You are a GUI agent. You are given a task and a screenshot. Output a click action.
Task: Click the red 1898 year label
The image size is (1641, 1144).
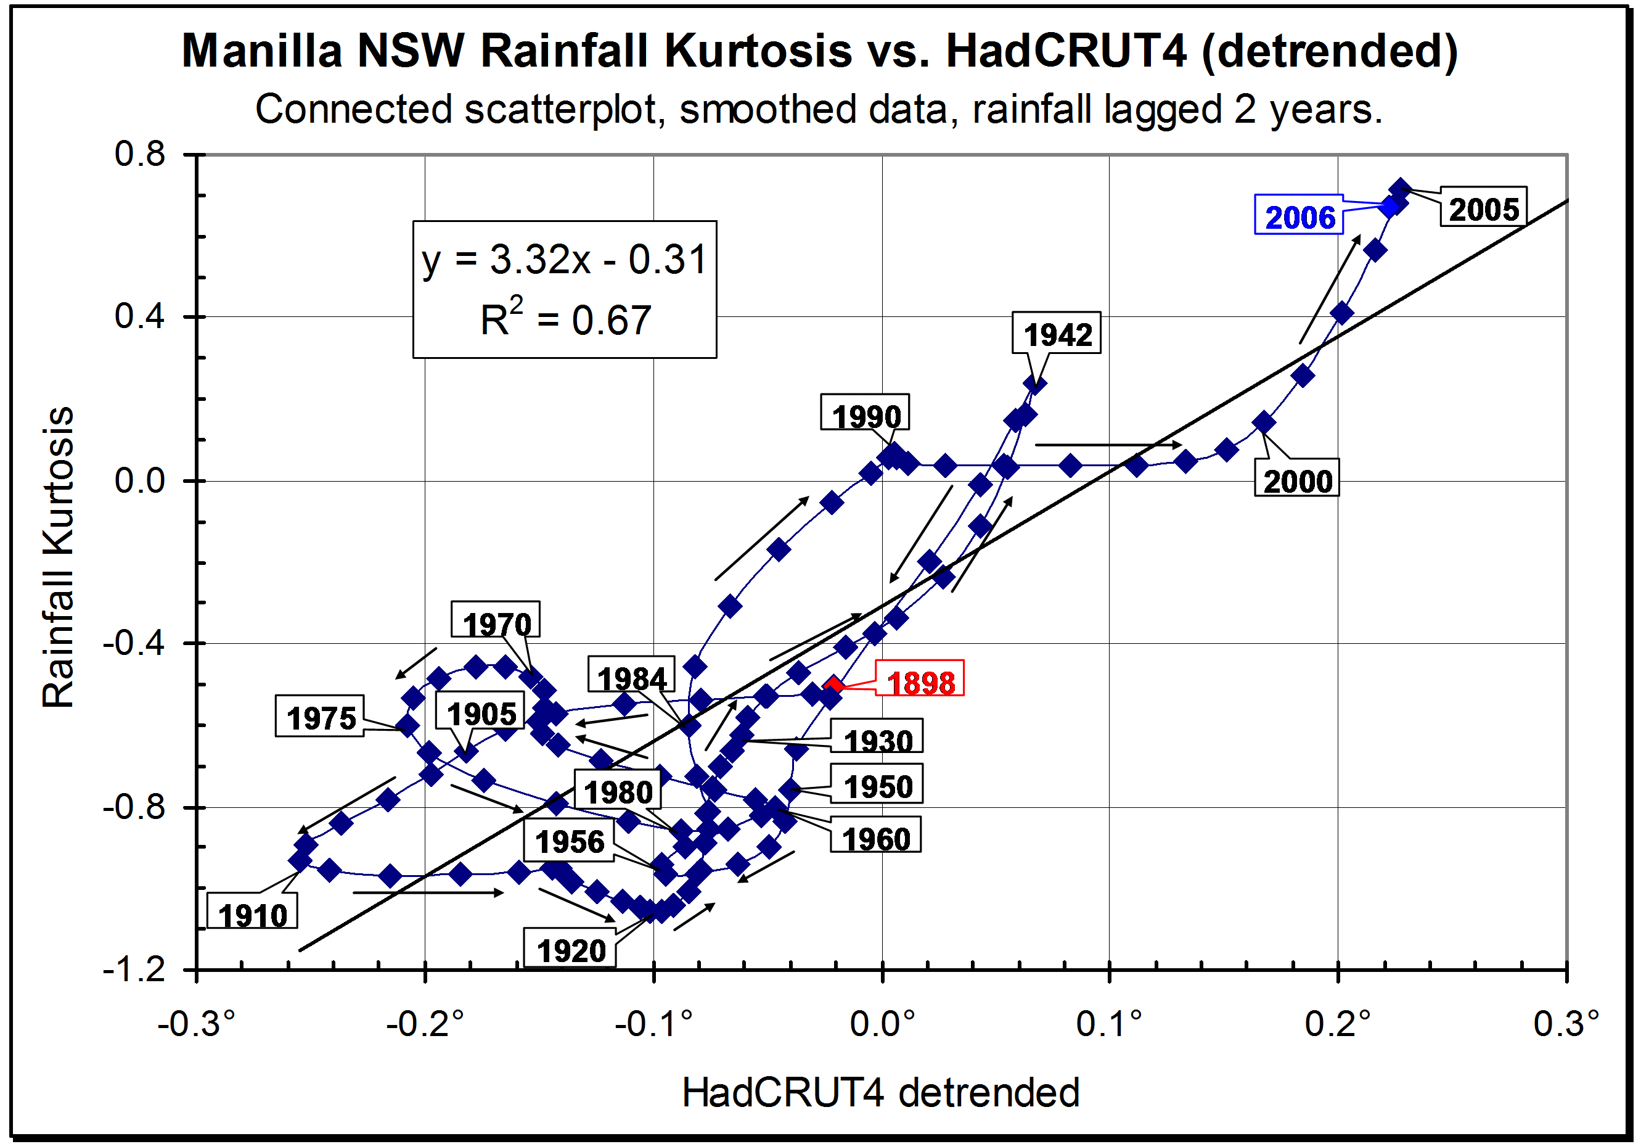(x=920, y=683)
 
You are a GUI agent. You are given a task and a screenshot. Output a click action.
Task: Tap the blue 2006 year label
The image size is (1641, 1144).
(x=1299, y=216)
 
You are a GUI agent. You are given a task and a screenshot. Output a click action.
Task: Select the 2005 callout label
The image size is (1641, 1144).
(x=1483, y=209)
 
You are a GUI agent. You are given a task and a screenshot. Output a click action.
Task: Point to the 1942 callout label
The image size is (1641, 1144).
(x=1057, y=334)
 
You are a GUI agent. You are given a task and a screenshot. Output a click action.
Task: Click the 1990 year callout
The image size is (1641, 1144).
(x=866, y=414)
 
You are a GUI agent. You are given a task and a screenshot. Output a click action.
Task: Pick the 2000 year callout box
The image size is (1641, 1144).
(x=1297, y=480)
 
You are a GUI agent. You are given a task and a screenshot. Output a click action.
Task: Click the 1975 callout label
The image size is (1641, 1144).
(x=321, y=717)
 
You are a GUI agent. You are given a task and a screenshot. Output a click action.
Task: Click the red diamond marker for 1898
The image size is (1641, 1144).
(x=833, y=686)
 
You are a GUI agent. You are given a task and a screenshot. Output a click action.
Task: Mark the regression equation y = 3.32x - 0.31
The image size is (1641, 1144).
(x=564, y=259)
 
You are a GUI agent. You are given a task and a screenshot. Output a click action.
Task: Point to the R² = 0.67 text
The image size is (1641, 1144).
(x=565, y=319)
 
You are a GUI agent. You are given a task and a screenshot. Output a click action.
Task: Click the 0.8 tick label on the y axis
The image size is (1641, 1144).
(x=140, y=154)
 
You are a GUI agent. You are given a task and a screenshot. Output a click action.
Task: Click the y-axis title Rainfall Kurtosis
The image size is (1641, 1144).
(x=59, y=558)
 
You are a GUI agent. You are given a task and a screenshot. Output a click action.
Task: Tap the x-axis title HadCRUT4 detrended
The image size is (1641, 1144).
(x=880, y=1092)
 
